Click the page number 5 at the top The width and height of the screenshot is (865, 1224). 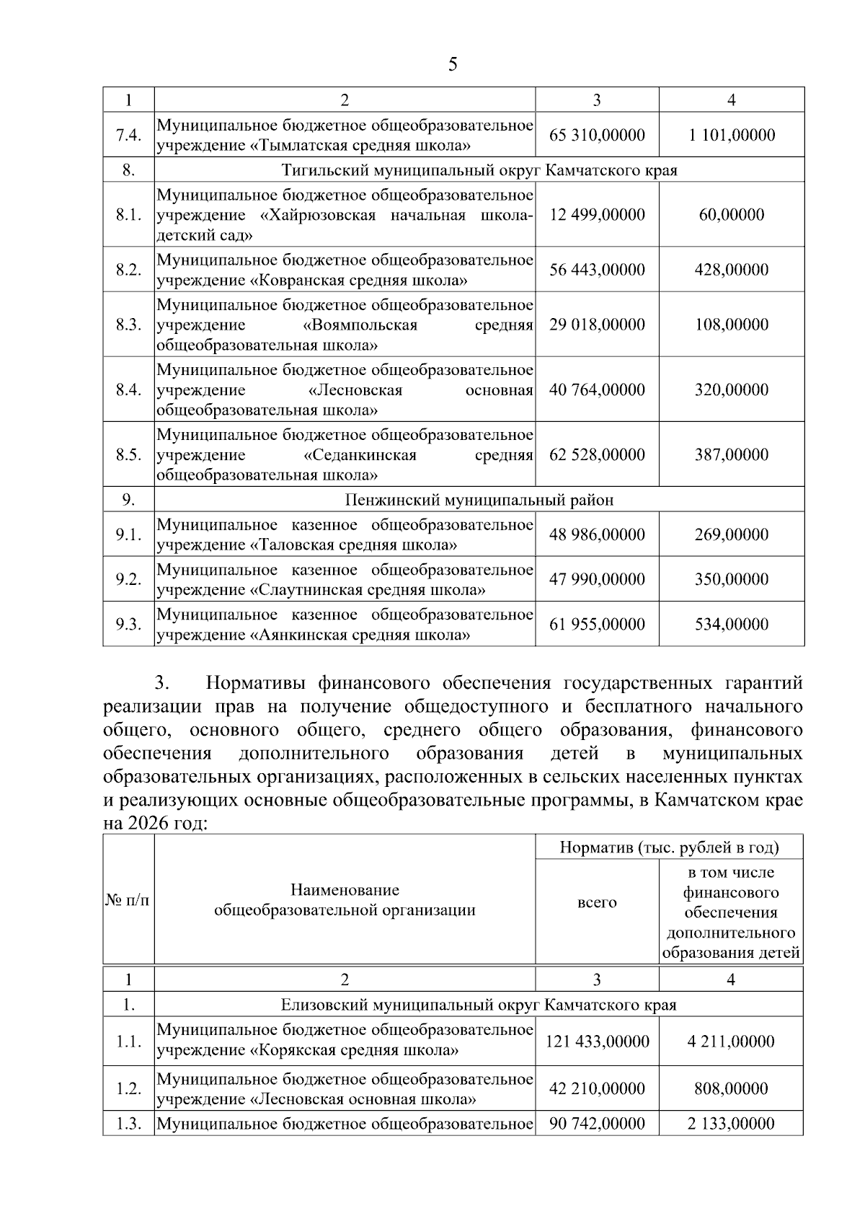(x=452, y=65)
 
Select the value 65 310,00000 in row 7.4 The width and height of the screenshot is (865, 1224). (x=597, y=135)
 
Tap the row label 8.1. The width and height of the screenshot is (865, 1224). (x=128, y=215)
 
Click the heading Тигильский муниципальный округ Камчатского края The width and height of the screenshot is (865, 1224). (x=479, y=170)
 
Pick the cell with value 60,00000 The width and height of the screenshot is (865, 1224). (x=731, y=215)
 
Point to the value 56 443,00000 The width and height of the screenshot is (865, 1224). (x=597, y=270)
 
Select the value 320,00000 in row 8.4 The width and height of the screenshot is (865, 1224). (x=731, y=390)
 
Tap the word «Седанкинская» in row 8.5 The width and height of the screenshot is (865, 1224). (x=360, y=455)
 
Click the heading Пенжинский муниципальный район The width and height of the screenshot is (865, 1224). (x=479, y=500)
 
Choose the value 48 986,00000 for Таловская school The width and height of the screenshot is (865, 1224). (x=597, y=534)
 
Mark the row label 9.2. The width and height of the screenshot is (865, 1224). (x=128, y=579)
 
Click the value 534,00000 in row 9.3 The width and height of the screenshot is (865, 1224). (x=731, y=624)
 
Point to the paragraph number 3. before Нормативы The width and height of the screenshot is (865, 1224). (x=161, y=682)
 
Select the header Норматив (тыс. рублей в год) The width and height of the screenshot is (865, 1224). (x=669, y=847)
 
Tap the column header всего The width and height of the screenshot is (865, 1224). (x=597, y=902)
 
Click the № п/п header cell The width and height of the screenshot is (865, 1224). (x=128, y=900)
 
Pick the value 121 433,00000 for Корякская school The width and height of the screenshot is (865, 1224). (x=597, y=1042)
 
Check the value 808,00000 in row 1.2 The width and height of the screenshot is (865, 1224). (x=731, y=1088)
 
